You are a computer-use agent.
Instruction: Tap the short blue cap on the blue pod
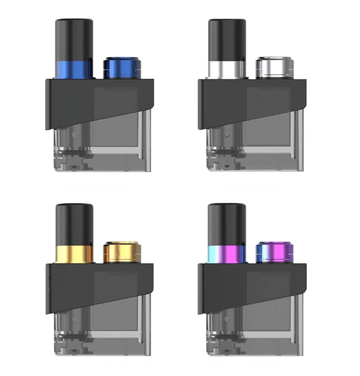pyautogui.click(x=120, y=67)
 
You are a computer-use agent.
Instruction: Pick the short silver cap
pyautogui.click(x=273, y=67)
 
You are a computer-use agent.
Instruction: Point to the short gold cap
pyautogui.click(x=120, y=252)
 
